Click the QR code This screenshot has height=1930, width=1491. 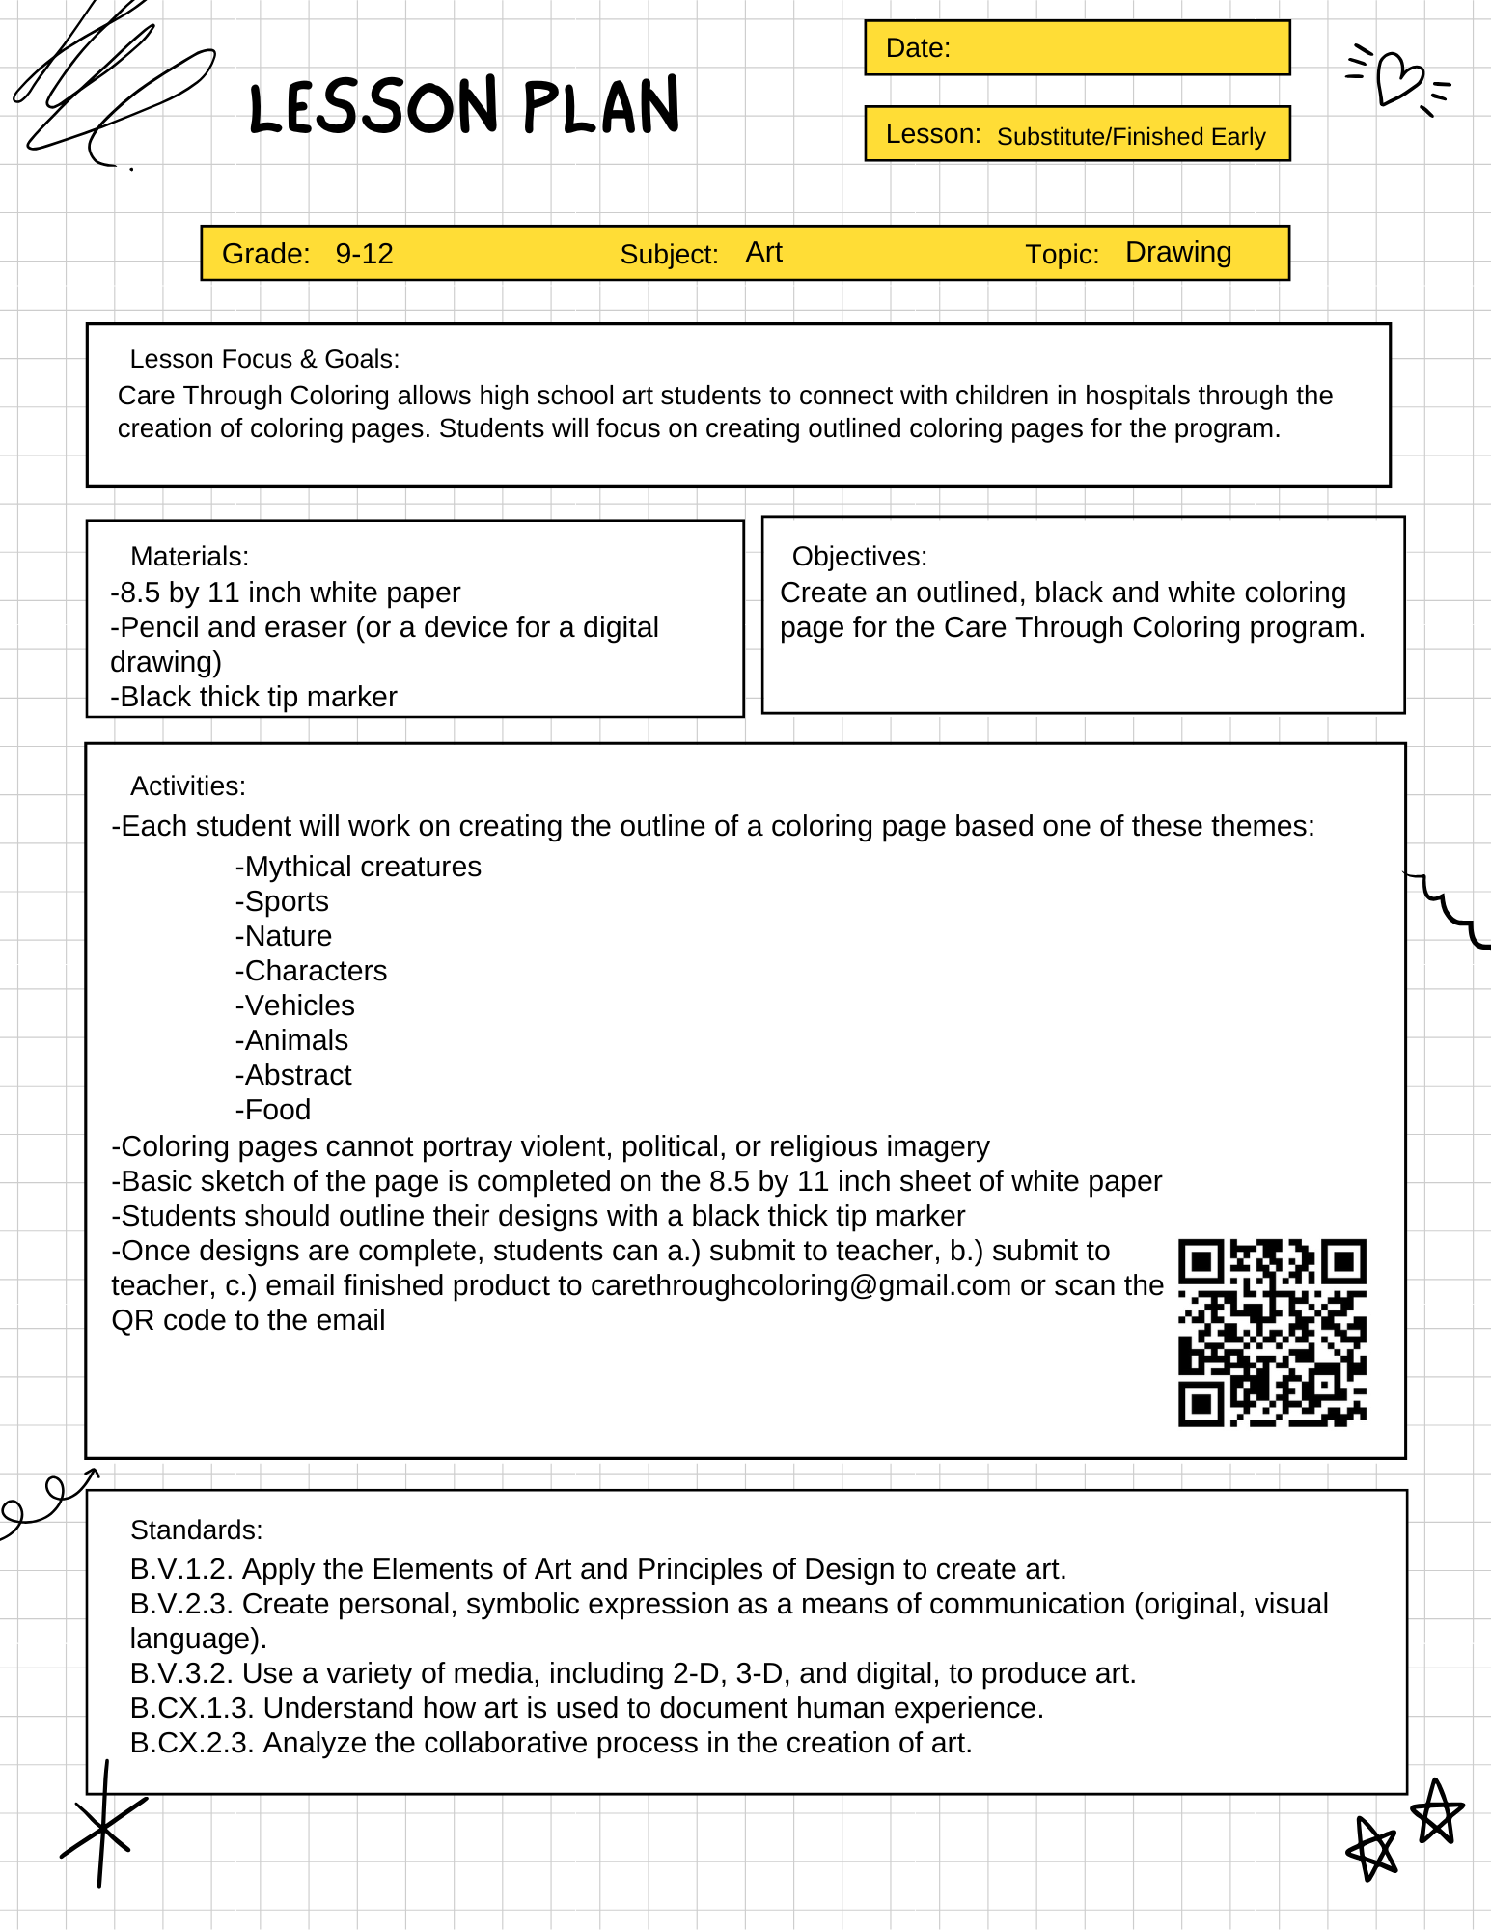[x=1272, y=1333]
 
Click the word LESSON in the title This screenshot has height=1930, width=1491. [x=374, y=107]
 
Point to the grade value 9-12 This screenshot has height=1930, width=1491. [x=364, y=254]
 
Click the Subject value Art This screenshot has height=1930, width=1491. [x=763, y=253]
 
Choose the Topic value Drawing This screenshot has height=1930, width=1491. [x=1177, y=253]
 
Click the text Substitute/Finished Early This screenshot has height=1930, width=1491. [x=1130, y=136]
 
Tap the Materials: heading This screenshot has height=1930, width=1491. [x=189, y=557]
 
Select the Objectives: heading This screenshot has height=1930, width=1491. [x=859, y=557]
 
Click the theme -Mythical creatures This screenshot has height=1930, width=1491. [x=358, y=867]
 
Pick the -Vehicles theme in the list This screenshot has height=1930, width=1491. [x=295, y=1006]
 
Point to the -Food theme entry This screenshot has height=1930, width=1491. [x=273, y=1110]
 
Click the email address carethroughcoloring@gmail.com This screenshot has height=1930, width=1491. [x=800, y=1285]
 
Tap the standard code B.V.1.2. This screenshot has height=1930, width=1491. [x=181, y=1569]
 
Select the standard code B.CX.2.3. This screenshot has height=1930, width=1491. [x=192, y=1743]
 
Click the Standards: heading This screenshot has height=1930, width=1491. [x=196, y=1530]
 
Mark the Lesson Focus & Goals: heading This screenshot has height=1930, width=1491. [x=264, y=359]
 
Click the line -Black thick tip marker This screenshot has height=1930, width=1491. [x=254, y=697]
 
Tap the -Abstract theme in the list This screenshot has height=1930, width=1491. [x=293, y=1075]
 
